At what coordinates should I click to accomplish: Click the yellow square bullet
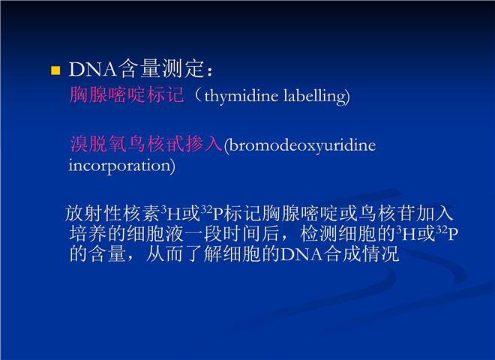tap(55, 70)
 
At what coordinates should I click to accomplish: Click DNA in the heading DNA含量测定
tap(93, 69)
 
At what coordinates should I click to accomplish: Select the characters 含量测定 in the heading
tap(161, 68)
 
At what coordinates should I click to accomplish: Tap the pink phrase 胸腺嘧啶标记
tap(127, 94)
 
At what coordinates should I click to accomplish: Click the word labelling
tap(315, 96)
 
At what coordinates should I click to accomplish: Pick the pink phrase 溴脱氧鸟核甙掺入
tap(146, 144)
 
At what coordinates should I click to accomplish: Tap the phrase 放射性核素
tap(112, 214)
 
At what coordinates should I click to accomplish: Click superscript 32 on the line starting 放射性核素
tap(207, 209)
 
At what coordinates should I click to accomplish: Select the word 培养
tap(88, 234)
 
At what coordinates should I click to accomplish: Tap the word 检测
tap(319, 234)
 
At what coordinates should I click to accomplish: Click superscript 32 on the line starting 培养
tap(442, 229)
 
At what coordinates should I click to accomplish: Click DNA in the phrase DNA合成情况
tap(301, 254)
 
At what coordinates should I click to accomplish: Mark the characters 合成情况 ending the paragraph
tap(361, 253)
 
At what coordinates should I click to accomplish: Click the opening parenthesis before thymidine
tap(198, 95)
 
